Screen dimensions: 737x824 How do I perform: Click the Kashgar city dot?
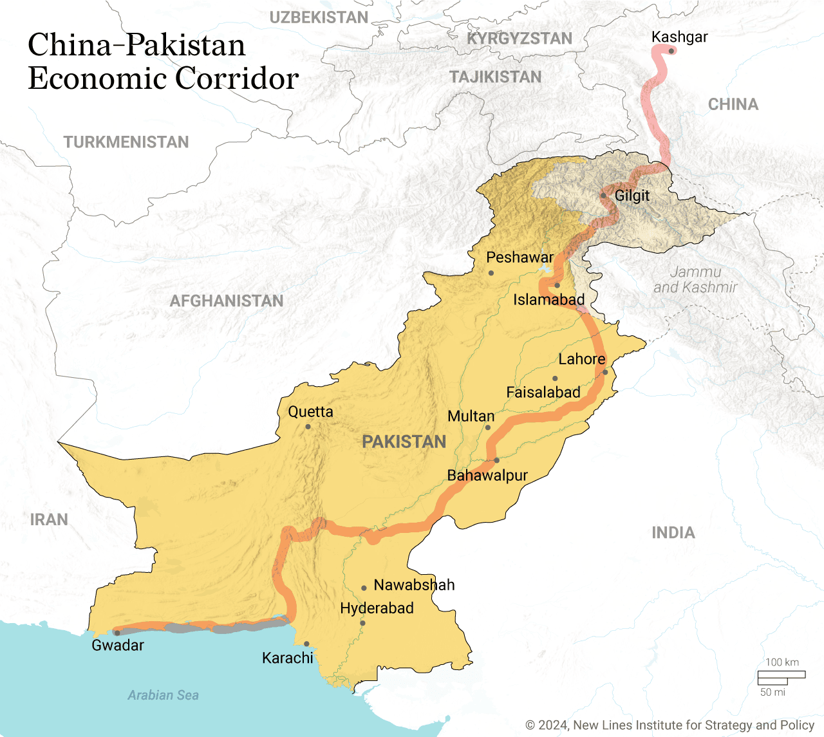click(x=671, y=51)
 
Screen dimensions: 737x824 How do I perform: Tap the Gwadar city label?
click(x=118, y=646)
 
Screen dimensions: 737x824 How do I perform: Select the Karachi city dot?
click(x=306, y=644)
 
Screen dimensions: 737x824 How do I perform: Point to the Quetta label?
click(x=310, y=412)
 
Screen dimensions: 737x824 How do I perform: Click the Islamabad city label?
click(x=548, y=300)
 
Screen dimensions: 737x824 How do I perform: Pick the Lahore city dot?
click(x=605, y=372)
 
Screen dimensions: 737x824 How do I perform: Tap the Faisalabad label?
click(x=543, y=393)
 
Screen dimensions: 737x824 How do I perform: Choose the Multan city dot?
click(x=488, y=427)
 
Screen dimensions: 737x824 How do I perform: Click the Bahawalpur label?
click(x=487, y=476)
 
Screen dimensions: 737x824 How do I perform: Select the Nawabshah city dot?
click(x=364, y=588)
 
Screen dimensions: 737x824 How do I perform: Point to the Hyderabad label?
click(x=377, y=608)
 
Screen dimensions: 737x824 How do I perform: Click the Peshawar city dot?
click(x=491, y=273)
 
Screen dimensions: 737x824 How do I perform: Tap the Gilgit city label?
click(x=632, y=196)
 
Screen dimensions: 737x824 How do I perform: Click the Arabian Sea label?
click(x=163, y=695)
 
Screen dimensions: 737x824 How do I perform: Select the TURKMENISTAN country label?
click(x=126, y=142)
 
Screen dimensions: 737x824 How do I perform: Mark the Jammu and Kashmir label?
click(x=695, y=280)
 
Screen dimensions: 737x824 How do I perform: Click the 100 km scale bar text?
click(x=782, y=662)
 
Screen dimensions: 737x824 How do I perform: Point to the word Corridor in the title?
click(x=237, y=79)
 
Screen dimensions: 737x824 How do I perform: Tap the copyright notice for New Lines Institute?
click(x=670, y=725)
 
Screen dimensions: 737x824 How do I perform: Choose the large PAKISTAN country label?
click(x=404, y=442)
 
